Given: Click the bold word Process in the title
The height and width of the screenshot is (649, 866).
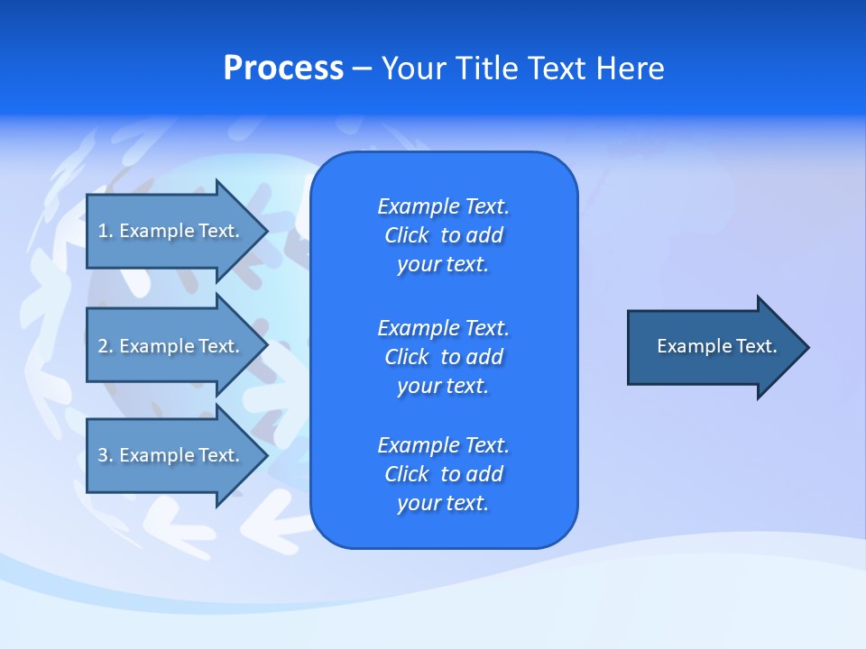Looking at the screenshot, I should point(283,69).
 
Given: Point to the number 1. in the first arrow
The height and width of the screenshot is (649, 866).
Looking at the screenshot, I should point(106,231).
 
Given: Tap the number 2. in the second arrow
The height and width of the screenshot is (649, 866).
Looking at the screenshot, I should point(106,346).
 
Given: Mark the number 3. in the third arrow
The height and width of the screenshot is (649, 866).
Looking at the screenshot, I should point(106,455).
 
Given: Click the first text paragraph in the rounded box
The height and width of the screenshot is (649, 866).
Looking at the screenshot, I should point(443,235).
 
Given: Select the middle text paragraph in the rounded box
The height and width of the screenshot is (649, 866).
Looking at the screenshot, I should point(443,357).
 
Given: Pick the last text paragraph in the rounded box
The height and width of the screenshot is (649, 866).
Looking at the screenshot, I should point(443,474).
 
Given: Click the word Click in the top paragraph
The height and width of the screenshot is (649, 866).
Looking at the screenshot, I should point(407,235).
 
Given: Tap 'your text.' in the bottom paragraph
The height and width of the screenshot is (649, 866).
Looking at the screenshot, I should point(443,503).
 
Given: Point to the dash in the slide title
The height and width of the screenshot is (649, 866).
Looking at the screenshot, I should point(362,69).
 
